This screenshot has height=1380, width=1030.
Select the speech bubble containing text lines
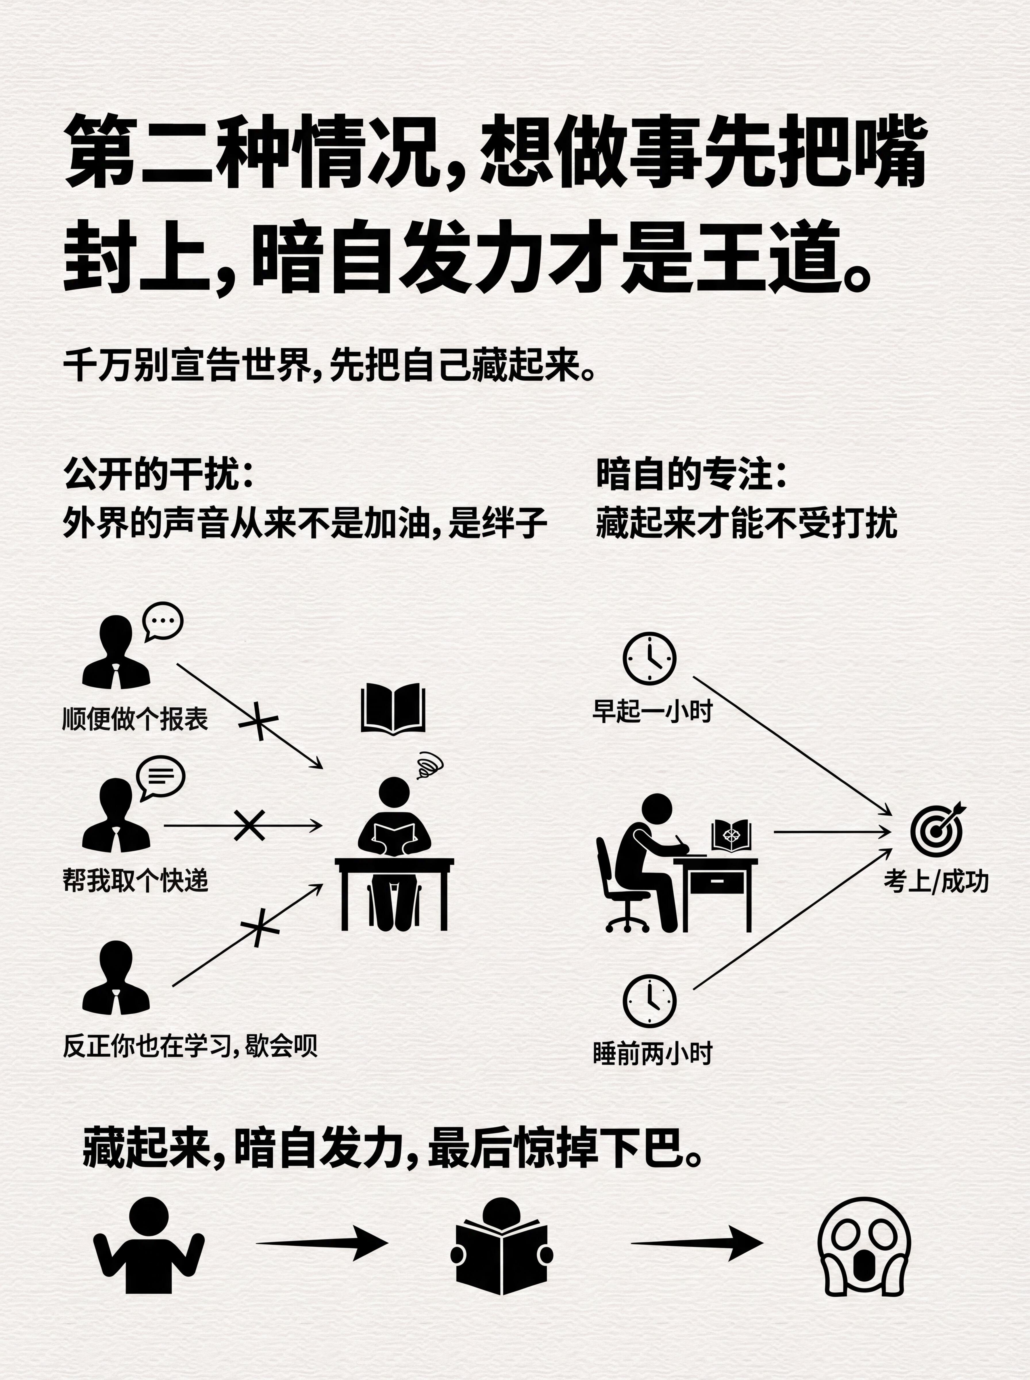coord(161,777)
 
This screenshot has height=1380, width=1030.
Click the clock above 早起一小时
coord(649,658)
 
